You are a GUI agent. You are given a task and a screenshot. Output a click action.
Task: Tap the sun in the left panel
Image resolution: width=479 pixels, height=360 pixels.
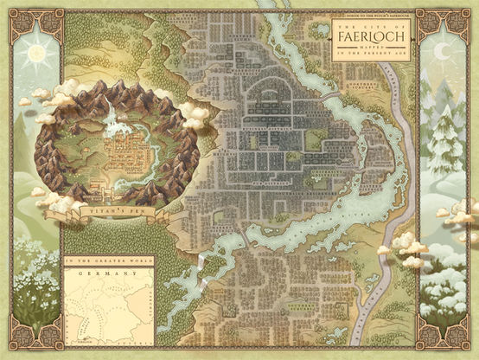click(36, 54)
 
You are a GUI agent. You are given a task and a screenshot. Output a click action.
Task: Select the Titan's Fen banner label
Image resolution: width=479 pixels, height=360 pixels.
click(110, 210)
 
